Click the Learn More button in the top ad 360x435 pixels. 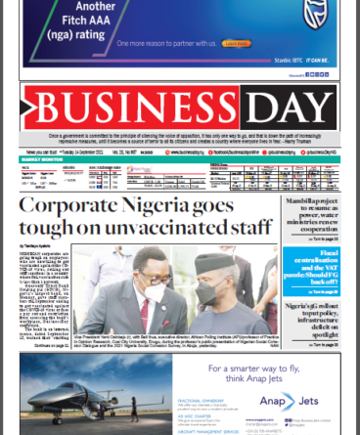click(236, 43)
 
